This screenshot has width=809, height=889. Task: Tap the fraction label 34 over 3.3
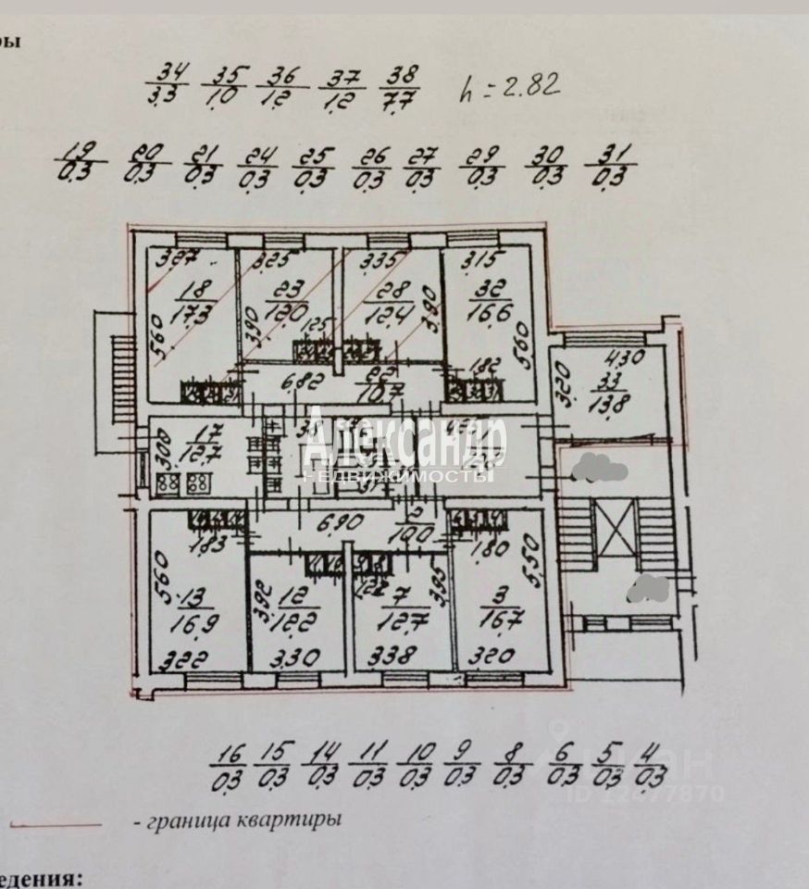168,82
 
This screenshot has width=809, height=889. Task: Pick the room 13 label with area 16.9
191,606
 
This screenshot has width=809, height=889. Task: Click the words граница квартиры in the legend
237,820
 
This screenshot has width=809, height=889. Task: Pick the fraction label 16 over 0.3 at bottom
226,765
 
